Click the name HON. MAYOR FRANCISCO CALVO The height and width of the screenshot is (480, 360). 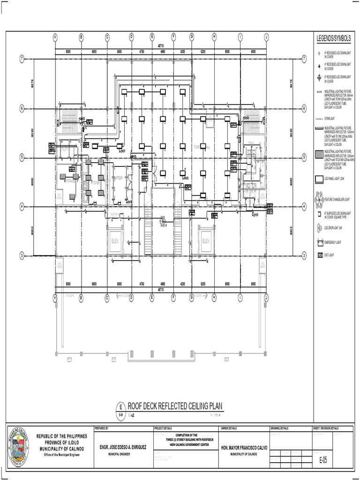coord(244,448)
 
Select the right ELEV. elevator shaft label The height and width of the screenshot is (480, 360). coord(206,241)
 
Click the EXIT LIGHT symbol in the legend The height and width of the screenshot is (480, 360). coord(320,255)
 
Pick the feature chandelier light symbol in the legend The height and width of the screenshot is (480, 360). coord(320,200)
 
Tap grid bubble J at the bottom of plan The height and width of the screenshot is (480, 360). coord(266,296)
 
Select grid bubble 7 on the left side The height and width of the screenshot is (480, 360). coord(22,59)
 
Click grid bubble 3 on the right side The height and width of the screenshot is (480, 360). coord(304,255)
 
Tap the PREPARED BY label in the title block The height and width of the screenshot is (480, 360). coord(102,428)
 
